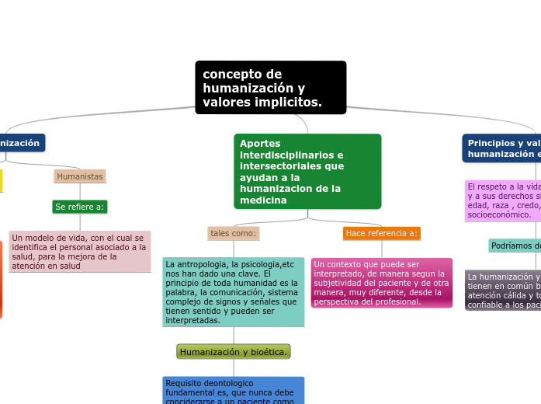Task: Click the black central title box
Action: click(x=270, y=87)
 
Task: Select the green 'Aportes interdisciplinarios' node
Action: click(x=307, y=171)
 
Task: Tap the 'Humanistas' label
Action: click(x=80, y=176)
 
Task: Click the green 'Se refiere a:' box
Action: click(x=80, y=207)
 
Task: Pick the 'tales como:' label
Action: click(x=234, y=233)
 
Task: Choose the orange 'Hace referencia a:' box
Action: click(x=381, y=233)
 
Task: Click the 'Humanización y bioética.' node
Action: click(x=234, y=352)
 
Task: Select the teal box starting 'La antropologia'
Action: click(x=234, y=291)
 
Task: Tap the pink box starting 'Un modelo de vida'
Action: click(x=80, y=252)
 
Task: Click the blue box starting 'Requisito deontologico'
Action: click(x=234, y=390)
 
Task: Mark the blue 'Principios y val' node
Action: click(x=503, y=148)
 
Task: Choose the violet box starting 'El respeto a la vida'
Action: click(x=503, y=200)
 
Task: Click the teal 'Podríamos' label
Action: click(x=515, y=246)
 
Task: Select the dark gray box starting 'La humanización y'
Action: click(x=503, y=290)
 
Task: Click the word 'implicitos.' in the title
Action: click(x=288, y=103)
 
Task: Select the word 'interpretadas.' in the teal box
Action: click(x=192, y=320)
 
